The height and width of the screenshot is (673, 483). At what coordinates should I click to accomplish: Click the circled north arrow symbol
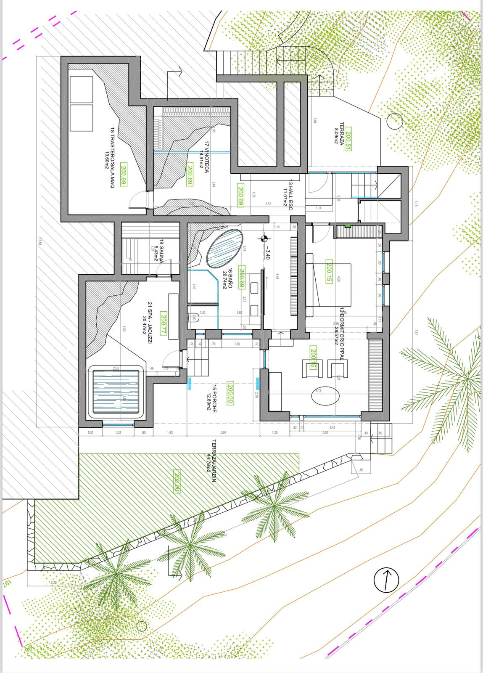point(386,580)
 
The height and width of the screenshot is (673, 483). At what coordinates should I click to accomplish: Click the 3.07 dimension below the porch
point(223,432)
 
